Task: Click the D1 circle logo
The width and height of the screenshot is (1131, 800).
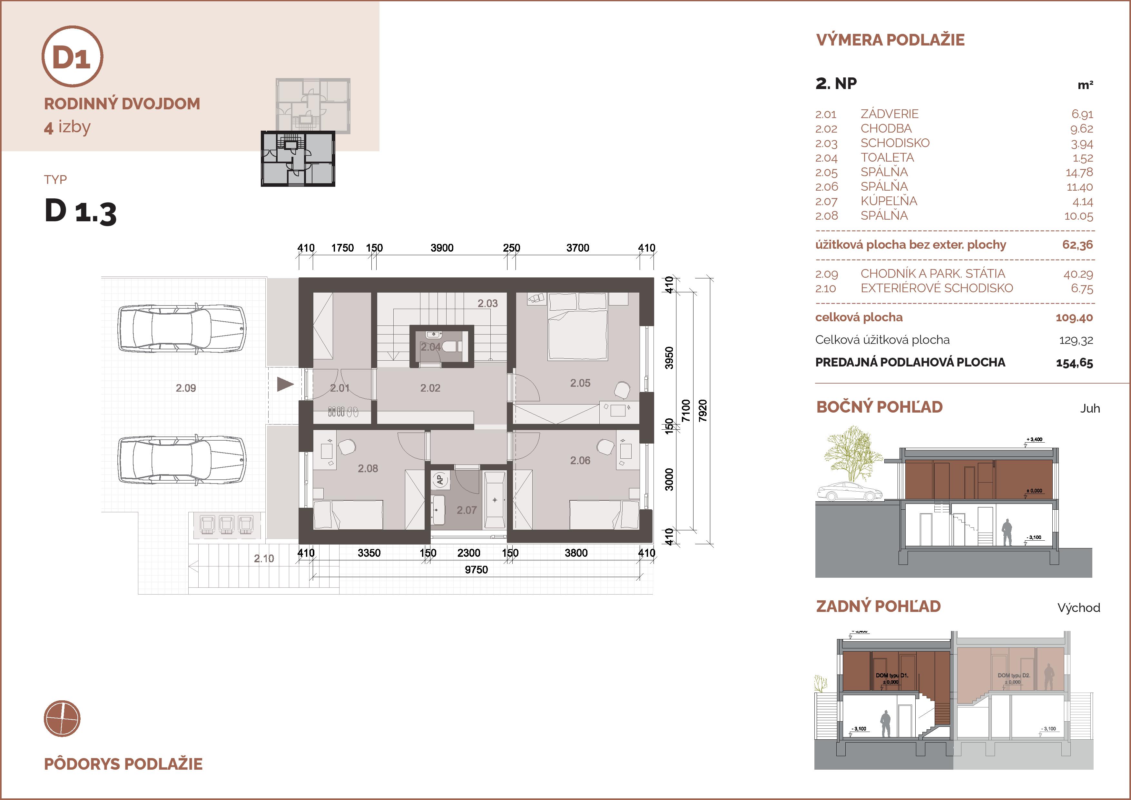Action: (x=73, y=57)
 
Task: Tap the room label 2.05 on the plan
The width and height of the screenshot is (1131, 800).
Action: (x=580, y=383)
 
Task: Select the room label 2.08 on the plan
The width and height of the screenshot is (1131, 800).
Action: (x=368, y=469)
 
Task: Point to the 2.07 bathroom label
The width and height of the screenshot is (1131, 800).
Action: (x=467, y=510)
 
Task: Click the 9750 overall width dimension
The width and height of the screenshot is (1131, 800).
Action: (x=476, y=570)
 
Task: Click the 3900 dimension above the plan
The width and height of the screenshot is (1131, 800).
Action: (x=442, y=248)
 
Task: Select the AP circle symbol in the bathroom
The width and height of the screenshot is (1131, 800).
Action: (x=440, y=479)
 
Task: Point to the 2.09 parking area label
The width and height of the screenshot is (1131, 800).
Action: (x=186, y=388)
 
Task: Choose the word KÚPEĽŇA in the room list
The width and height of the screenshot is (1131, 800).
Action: (x=889, y=201)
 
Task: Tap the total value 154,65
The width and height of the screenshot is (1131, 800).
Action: (x=1074, y=363)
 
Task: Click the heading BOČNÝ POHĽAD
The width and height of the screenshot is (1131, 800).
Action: (x=879, y=407)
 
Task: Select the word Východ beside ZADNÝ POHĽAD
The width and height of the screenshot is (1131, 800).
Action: (x=1079, y=608)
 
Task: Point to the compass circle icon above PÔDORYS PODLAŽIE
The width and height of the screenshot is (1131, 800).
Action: (x=62, y=719)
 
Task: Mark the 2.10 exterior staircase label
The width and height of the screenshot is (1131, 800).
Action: (x=264, y=558)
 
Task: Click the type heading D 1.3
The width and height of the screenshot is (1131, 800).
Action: (x=80, y=212)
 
